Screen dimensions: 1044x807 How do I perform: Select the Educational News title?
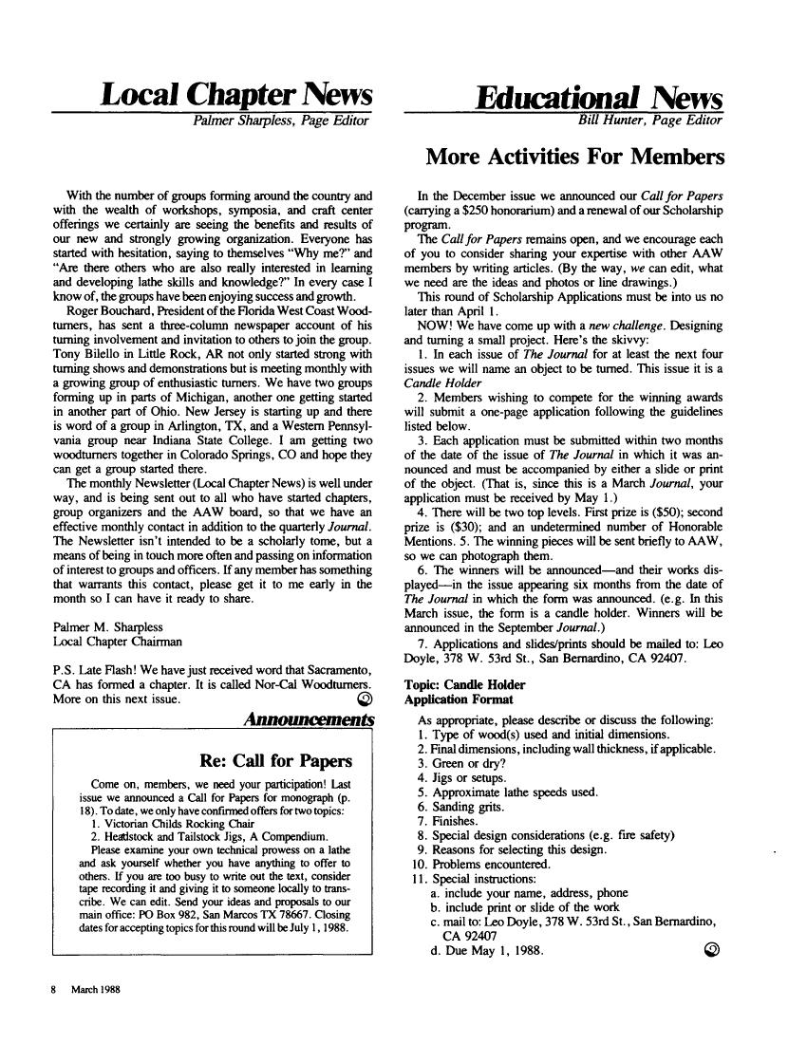[600, 97]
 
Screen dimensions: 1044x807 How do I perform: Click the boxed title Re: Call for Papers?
[276, 761]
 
